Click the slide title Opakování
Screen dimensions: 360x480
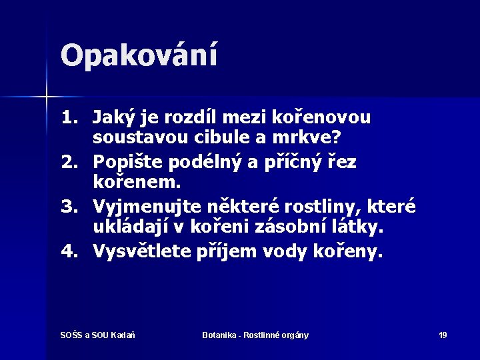click(139, 55)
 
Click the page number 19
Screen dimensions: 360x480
click(443, 335)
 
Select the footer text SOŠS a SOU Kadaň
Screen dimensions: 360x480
click(99, 335)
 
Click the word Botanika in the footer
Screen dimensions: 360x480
click(220, 335)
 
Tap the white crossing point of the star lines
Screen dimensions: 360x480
click(46, 97)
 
